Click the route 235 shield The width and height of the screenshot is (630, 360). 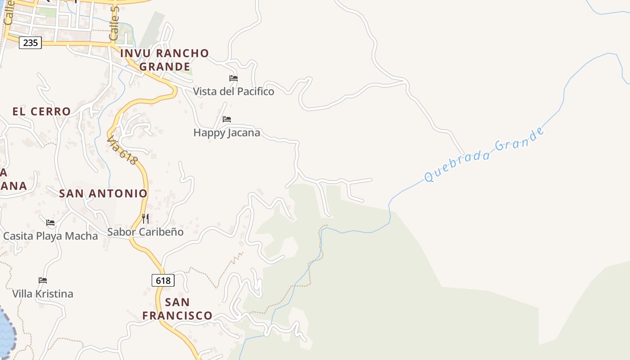pyautogui.click(x=30, y=43)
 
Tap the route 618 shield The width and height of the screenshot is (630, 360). pyautogui.click(x=163, y=281)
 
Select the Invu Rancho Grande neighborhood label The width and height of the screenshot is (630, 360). pyautogui.click(x=165, y=60)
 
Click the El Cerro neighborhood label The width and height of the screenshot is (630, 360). pyautogui.click(x=42, y=112)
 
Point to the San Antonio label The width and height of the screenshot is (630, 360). pyautogui.click(x=103, y=193)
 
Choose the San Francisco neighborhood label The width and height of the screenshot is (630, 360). pyautogui.click(x=177, y=309)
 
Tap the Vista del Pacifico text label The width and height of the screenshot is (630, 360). pyautogui.click(x=234, y=92)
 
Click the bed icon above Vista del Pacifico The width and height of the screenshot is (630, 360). pyautogui.click(x=233, y=78)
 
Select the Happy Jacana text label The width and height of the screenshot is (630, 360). pyautogui.click(x=227, y=133)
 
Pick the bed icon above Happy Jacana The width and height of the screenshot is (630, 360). pyautogui.click(x=227, y=119)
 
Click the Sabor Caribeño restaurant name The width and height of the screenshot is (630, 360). pyautogui.click(x=145, y=232)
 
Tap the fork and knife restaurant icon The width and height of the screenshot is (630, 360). pyautogui.click(x=145, y=219)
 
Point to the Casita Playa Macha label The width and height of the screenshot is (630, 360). pyautogui.click(x=50, y=236)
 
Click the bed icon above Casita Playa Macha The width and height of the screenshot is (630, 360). pyautogui.click(x=50, y=223)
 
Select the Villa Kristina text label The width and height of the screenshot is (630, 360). pyautogui.click(x=43, y=294)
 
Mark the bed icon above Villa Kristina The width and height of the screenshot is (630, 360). pyautogui.click(x=43, y=280)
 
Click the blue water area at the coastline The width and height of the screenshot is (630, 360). pyautogui.click(x=5, y=333)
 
